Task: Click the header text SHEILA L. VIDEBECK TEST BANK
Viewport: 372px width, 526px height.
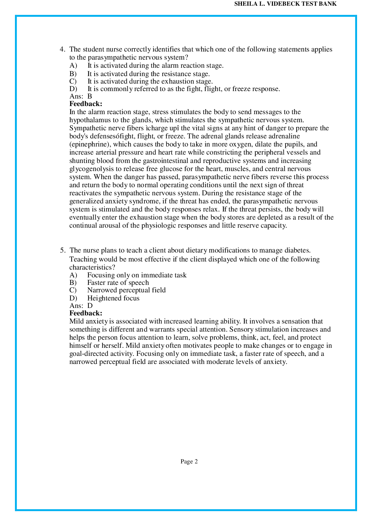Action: (285, 4)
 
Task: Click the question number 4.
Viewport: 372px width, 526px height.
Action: (62, 49)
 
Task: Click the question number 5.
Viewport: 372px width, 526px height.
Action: (62, 250)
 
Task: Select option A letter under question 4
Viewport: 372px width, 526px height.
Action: (73, 66)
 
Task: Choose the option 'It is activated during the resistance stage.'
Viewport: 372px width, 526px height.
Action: (148, 74)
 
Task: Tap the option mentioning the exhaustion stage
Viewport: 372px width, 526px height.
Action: (150, 81)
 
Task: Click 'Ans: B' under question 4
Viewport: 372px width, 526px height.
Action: (80, 96)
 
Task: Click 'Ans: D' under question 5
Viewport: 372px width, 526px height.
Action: (81, 306)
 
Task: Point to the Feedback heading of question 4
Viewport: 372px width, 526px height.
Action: (86, 104)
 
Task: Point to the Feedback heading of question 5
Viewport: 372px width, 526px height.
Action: (86, 313)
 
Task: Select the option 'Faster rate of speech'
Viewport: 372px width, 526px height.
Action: (118, 283)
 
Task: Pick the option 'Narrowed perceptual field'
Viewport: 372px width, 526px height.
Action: (126, 290)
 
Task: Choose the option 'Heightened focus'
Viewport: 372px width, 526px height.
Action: (113, 298)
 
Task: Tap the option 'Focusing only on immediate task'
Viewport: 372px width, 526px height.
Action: (137, 275)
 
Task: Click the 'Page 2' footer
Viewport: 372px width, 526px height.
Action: (189, 462)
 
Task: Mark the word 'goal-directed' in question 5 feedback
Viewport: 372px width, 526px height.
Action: (87, 354)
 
